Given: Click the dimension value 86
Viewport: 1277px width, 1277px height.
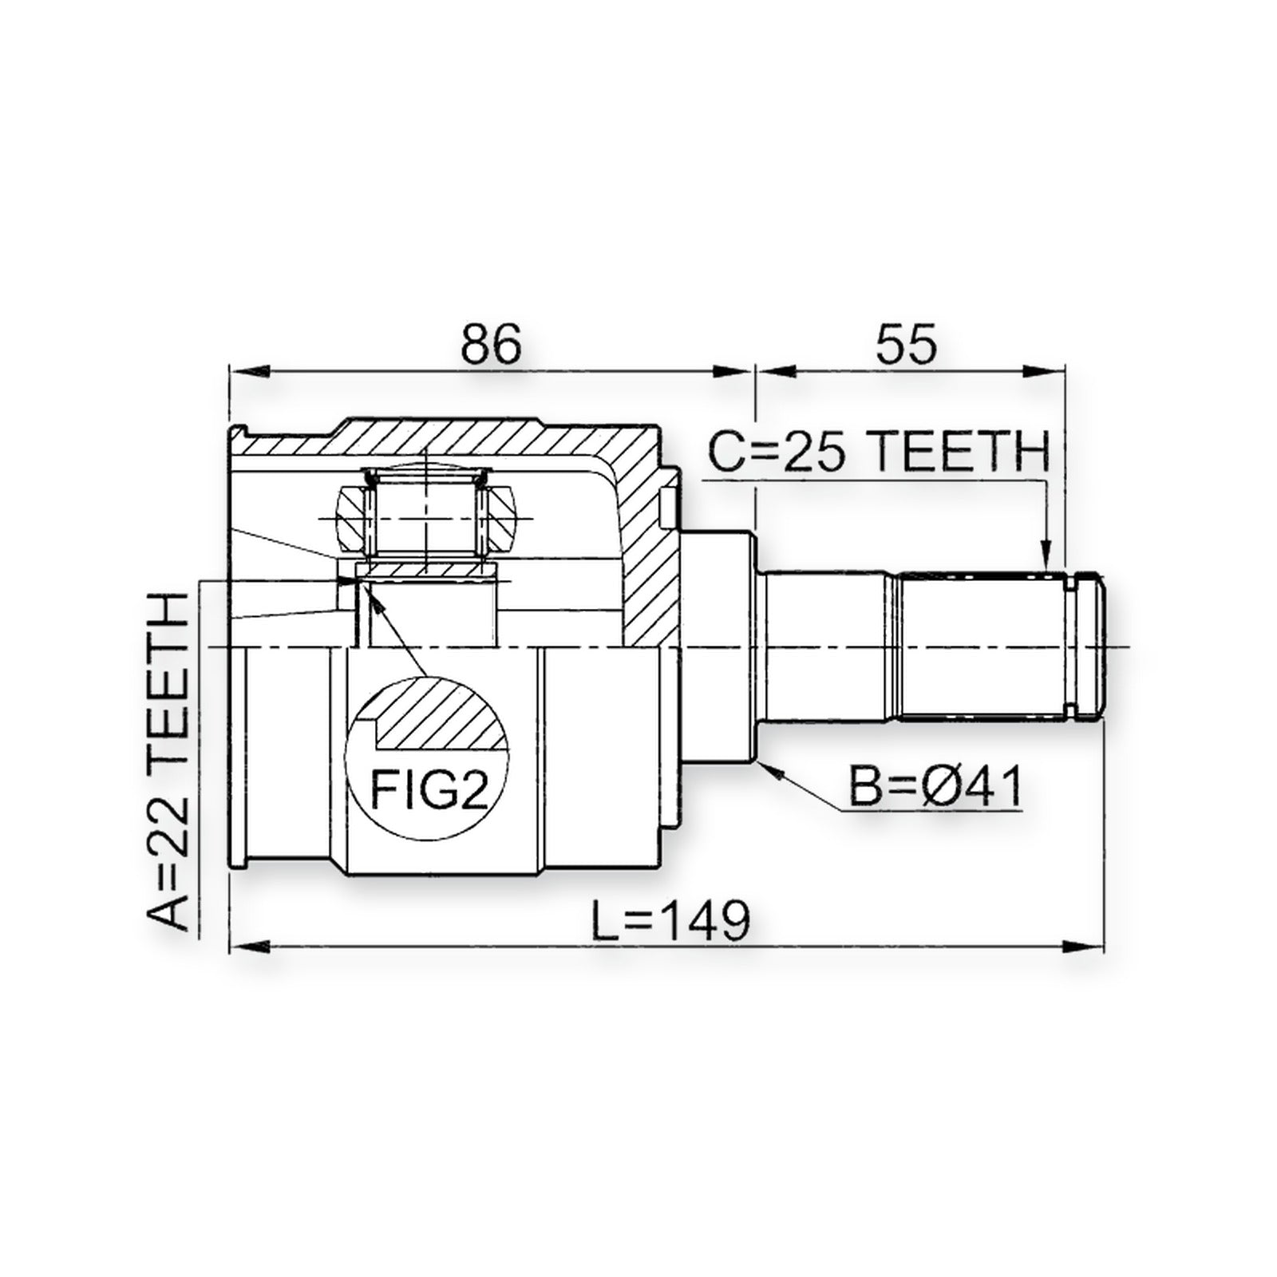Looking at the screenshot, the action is click(x=492, y=344).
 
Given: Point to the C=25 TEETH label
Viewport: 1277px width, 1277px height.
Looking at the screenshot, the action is click(x=879, y=453).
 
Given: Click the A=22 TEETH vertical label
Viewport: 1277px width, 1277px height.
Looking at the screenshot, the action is click(x=169, y=762).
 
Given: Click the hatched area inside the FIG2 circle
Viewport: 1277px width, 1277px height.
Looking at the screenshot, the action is click(x=439, y=713).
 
